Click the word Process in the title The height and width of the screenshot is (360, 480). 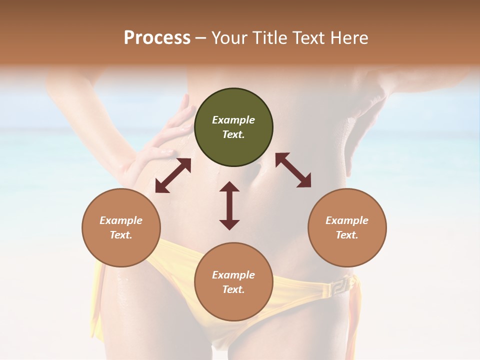coord(157,38)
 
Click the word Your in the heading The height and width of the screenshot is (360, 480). coord(228,38)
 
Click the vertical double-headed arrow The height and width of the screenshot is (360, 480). coord(229,205)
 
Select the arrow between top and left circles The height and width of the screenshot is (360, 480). coord(173,175)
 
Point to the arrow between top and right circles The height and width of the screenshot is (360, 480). coord(293,170)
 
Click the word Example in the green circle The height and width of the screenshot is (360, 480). coord(233,120)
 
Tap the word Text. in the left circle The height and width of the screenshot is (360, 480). coord(121,235)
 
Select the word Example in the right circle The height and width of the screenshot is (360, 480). coord(347,220)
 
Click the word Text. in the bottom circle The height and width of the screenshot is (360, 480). coord(233,289)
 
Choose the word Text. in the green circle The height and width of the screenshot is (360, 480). coord(233,134)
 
